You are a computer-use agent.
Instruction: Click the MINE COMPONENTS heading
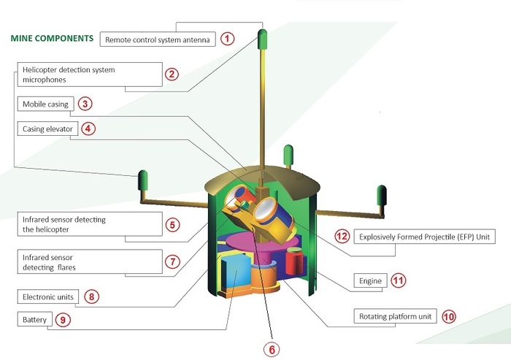(51, 37)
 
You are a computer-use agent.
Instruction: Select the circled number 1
(228, 39)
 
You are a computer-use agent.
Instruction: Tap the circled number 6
(270, 350)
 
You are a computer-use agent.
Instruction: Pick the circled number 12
(342, 237)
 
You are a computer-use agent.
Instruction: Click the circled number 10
(448, 317)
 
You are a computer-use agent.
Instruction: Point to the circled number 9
(64, 320)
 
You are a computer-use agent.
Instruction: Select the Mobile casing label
(45, 104)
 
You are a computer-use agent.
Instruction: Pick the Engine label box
(371, 280)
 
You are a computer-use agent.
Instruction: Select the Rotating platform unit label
(396, 317)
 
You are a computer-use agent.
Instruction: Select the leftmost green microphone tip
(143, 179)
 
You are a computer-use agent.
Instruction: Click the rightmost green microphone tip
(380, 195)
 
